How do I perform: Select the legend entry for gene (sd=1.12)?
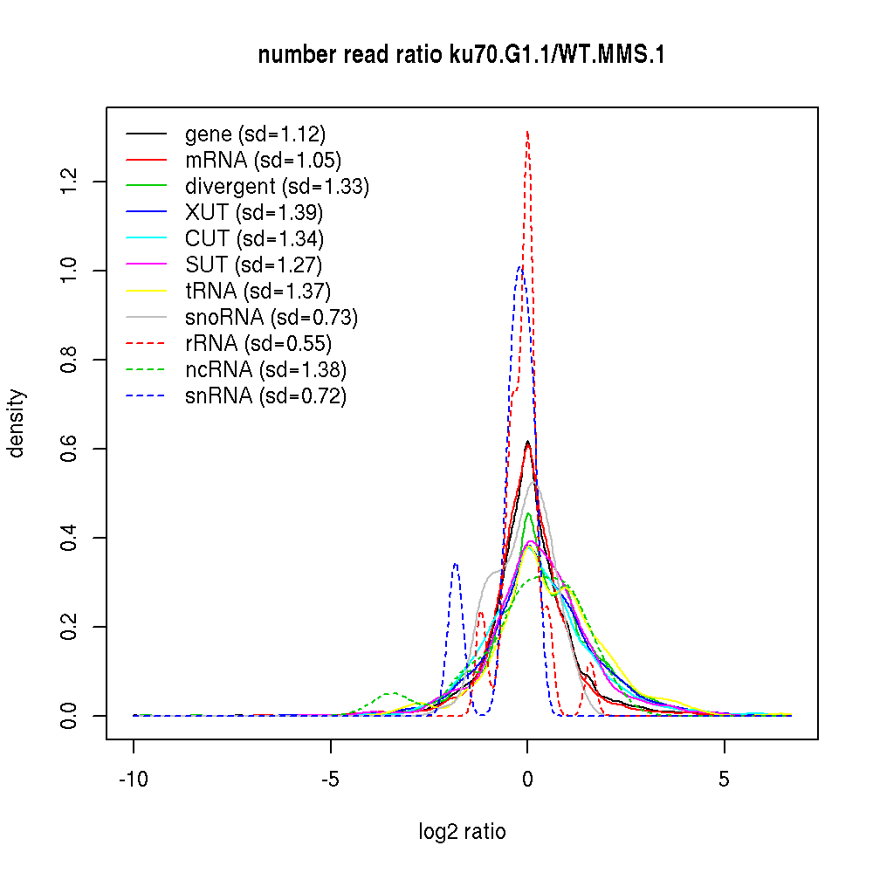point(255,134)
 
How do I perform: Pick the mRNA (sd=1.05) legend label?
point(263,161)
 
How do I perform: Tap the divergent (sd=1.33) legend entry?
point(277,187)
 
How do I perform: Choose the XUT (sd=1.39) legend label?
point(254,213)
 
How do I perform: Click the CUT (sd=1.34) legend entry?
point(254,239)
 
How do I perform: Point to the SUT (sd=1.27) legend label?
point(254,265)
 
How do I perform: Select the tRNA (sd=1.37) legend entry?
point(258,292)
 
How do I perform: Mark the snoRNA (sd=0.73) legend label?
point(272,318)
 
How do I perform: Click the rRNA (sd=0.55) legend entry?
point(258,344)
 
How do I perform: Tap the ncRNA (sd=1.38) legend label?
point(265,370)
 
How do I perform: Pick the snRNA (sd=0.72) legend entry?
point(265,396)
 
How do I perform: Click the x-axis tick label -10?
point(134,780)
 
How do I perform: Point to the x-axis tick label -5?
point(331,780)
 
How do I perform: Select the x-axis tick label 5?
point(724,780)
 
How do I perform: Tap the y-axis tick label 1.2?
point(71,182)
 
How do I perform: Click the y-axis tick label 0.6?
point(71,449)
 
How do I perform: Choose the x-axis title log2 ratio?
point(462,832)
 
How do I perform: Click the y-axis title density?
point(17,423)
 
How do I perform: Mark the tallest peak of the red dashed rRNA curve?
point(527,132)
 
